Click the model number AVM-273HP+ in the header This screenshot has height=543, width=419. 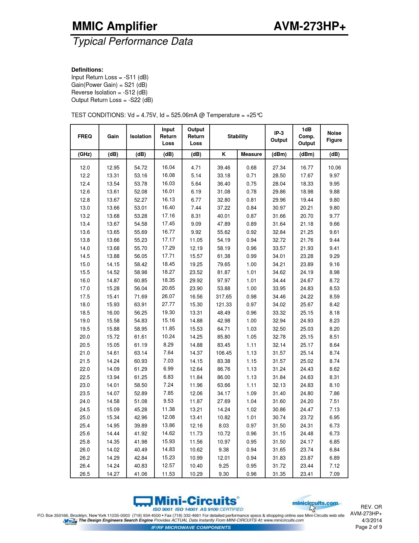coord(310,26)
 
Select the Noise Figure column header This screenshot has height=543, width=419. coord(334,137)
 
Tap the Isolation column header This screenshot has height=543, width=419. coord(141,137)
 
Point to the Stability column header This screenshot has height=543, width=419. coord(238,137)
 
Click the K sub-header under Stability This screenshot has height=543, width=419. coord(224,154)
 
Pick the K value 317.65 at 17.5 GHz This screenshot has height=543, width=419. coord(224,297)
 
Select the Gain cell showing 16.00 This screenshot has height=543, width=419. coord(113,313)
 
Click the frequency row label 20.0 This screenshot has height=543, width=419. coord(85,337)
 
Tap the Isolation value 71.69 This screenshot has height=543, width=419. coord(141,297)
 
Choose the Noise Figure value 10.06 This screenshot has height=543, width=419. coord(335,168)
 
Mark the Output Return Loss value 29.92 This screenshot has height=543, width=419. coord(196,280)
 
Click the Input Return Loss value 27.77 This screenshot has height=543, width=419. coord(168,304)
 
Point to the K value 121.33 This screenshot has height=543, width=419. coord(224,304)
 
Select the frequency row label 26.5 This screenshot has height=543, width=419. coord(85,474)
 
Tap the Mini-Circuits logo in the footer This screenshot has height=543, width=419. coord(186,501)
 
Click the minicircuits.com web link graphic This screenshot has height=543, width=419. coord(315,503)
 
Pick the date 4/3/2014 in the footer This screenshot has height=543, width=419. coord(372,520)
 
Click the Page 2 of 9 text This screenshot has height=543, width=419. coord(368,527)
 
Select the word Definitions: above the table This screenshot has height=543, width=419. coord(87,70)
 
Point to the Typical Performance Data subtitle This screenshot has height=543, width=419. coord(133,41)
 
